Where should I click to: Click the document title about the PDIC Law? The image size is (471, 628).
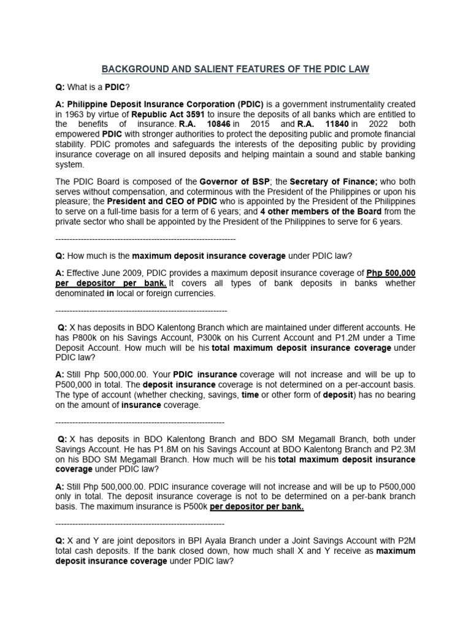235,69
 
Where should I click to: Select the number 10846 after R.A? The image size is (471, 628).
218,124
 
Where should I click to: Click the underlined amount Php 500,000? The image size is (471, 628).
391,273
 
